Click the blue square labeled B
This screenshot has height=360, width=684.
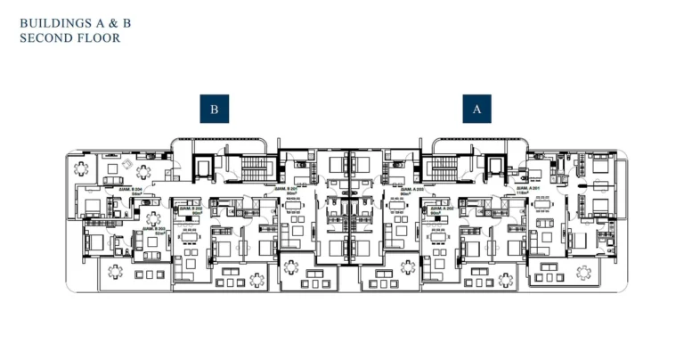(215, 109)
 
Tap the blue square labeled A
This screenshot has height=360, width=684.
(476, 109)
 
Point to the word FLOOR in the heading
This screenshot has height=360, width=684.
(99, 38)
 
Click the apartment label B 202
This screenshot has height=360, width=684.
(192, 211)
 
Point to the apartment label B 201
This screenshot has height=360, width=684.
(286, 191)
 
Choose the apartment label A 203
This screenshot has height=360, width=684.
(410, 191)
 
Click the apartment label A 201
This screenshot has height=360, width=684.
(530, 191)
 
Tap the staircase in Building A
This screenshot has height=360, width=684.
(441, 167)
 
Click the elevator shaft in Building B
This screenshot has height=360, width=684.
(201, 168)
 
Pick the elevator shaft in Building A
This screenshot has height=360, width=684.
(493, 168)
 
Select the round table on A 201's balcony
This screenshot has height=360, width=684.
(584, 271)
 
